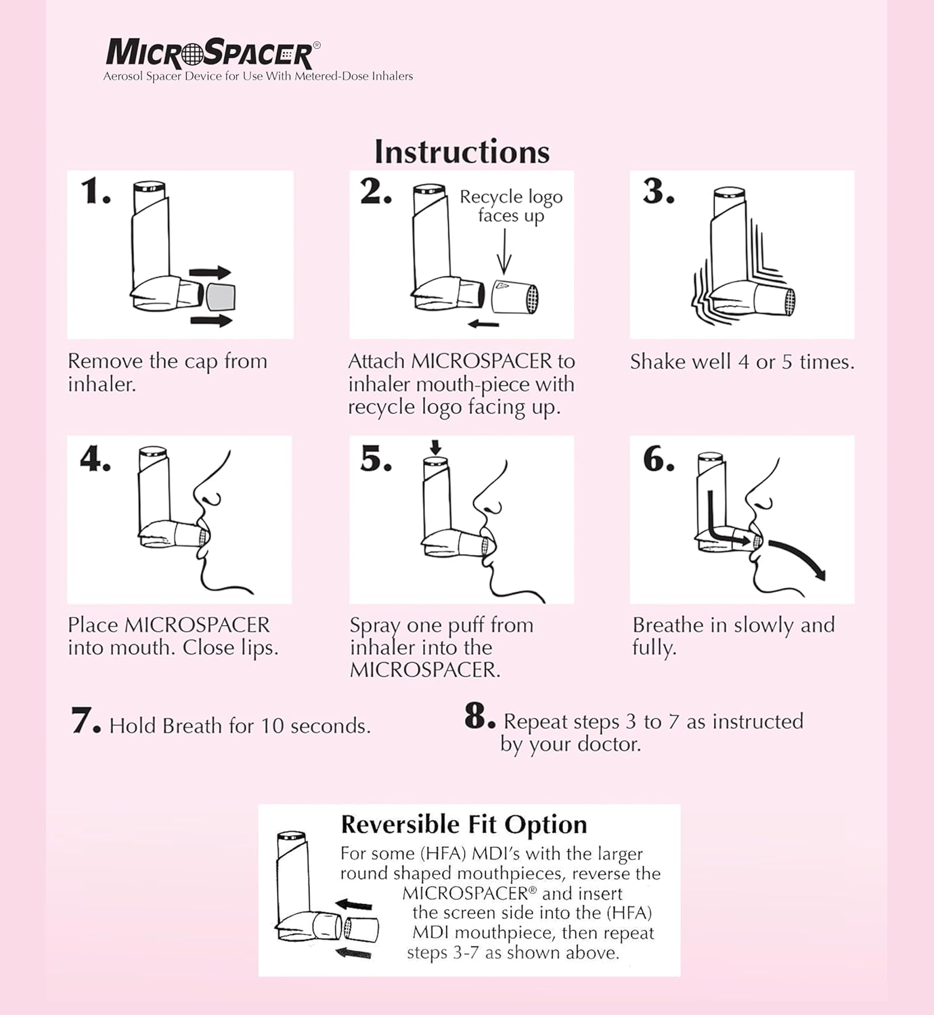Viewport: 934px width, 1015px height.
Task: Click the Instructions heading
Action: (x=462, y=152)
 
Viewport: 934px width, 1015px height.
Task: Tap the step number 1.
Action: (x=95, y=191)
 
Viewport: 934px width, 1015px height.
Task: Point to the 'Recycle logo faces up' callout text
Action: (x=511, y=206)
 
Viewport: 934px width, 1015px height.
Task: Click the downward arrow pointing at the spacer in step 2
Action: (x=504, y=251)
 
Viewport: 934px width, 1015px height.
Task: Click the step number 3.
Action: (x=658, y=191)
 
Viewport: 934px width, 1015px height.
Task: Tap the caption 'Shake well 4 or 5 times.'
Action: (x=742, y=362)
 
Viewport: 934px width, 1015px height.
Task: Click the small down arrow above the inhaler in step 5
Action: (x=435, y=447)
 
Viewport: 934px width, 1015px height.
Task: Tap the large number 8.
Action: (x=479, y=716)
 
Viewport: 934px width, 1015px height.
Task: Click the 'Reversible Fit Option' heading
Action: (x=464, y=824)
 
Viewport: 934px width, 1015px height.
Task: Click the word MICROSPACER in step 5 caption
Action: (x=424, y=670)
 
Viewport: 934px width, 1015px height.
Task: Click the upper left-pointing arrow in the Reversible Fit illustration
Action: (x=354, y=905)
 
